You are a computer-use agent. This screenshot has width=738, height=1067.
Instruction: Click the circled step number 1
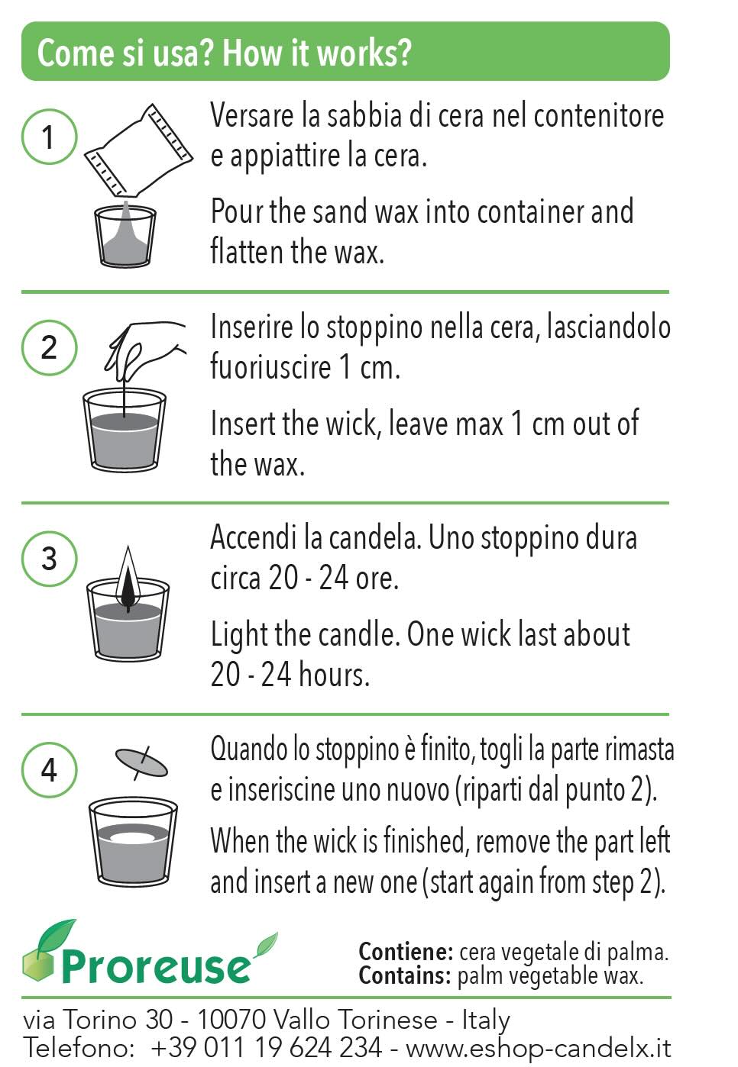coord(49,137)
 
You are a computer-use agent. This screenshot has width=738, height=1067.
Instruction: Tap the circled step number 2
coord(49,347)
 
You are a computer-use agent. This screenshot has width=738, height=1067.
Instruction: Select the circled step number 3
coord(49,559)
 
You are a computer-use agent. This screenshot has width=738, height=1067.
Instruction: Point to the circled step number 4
coord(49,769)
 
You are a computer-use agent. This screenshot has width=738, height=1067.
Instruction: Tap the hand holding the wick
coord(145,347)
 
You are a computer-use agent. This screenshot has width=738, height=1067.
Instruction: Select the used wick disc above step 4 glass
coord(141,762)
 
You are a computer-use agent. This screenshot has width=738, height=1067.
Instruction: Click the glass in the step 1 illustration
coord(125,237)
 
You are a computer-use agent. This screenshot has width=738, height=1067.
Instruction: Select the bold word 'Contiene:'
coord(406,952)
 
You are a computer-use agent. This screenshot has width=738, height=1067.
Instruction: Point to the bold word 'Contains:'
coord(405,975)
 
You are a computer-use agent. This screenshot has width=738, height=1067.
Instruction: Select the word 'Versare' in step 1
coord(252,116)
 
